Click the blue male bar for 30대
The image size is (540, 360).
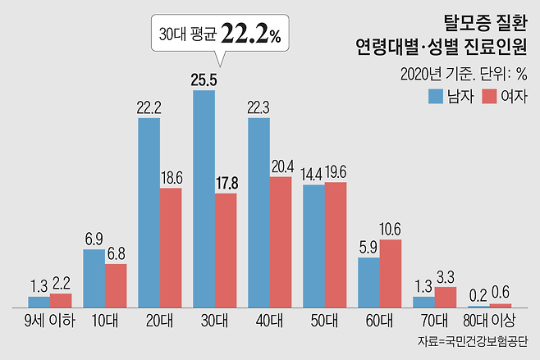coord(204,198)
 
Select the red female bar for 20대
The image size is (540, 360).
coord(171,248)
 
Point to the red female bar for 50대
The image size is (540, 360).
coord(336,244)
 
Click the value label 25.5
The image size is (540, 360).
coord(204,80)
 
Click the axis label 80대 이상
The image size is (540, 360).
coord(489,319)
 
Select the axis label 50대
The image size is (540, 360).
coord(324,319)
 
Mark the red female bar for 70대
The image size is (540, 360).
coord(446,297)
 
